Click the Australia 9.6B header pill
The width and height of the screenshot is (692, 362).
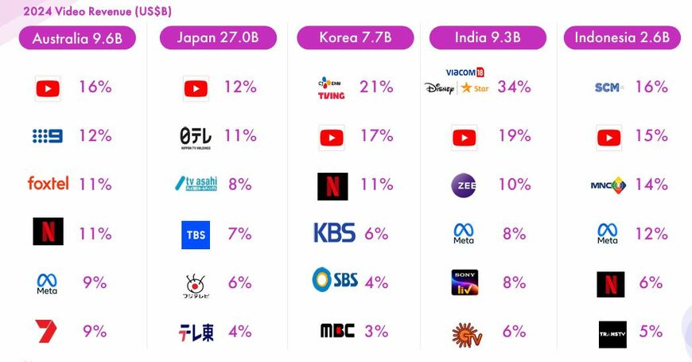77,38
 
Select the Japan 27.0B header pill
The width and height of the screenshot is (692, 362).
218,38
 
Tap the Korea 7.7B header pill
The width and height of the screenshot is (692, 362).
356,38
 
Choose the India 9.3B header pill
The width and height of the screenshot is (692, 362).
488,38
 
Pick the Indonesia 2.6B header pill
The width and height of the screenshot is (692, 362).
622,38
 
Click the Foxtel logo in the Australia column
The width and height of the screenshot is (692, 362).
48,184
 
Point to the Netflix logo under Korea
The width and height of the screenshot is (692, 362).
332,186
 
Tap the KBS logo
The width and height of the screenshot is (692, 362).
334,233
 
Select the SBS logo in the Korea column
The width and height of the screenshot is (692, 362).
335,280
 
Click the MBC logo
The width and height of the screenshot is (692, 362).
336,330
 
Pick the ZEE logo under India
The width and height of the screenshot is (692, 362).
463,185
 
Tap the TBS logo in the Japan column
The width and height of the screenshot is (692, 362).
196,235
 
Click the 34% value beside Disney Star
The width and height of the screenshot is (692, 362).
514,87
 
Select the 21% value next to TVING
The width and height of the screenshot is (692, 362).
376,87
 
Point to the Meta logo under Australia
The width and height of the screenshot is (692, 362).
47,283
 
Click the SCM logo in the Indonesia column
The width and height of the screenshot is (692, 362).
609,88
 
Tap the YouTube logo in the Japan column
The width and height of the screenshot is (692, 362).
196,88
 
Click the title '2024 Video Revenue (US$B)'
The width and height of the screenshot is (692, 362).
97,12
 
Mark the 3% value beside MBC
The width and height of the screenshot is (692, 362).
377,330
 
